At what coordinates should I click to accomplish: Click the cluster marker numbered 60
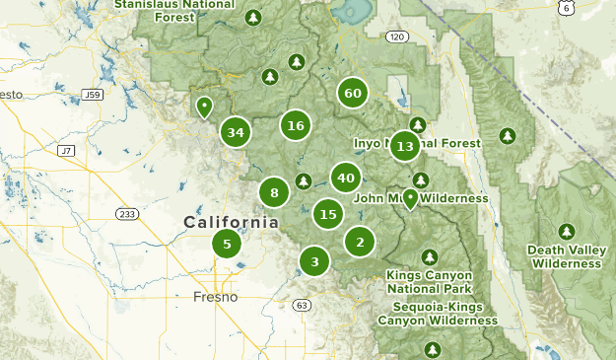[x=352, y=94]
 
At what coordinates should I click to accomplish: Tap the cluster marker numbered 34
[x=235, y=132]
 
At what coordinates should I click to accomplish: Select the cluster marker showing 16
[x=295, y=125]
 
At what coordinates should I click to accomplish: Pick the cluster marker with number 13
[x=404, y=147]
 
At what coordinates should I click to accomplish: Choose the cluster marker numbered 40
[x=345, y=179]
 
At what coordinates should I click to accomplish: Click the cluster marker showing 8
[x=274, y=193]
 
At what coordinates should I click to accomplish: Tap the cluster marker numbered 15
[x=328, y=213]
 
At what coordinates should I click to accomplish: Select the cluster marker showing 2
[x=360, y=242]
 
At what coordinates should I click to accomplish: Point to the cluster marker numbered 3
[x=314, y=261]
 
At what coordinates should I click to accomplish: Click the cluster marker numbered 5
[x=227, y=245]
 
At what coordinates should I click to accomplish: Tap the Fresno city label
[x=215, y=297]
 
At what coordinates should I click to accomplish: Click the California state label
[x=231, y=223]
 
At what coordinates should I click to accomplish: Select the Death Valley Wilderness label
[x=565, y=256]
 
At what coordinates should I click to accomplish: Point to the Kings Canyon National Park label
[x=429, y=281]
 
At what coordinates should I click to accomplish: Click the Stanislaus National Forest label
[x=175, y=10]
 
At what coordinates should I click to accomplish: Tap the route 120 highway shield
[x=396, y=36]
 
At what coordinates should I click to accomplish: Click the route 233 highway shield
[x=127, y=213]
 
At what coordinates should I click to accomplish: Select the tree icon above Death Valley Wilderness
[x=566, y=231]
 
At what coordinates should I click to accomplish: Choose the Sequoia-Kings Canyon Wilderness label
[x=438, y=314]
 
